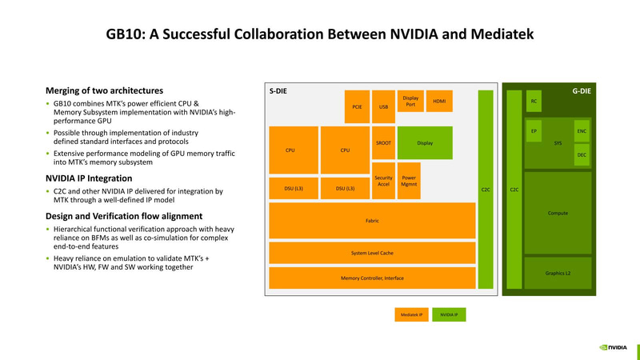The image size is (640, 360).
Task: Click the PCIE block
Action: [x=358, y=106]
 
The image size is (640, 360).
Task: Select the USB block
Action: [x=383, y=106]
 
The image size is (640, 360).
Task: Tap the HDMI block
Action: [x=439, y=102]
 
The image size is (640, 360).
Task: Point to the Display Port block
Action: [x=410, y=102]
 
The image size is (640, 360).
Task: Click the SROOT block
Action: [x=383, y=143]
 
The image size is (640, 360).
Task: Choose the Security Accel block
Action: [x=383, y=182]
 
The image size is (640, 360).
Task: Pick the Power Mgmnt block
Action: [x=409, y=182]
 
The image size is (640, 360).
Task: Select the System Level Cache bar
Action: [x=372, y=253]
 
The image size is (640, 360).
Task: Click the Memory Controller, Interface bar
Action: [x=372, y=278]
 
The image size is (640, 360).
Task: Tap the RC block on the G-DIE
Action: [x=534, y=102]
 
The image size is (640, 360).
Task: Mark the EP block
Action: [x=534, y=130]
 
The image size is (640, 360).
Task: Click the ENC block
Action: [x=582, y=130]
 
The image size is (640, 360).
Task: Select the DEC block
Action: [x=582, y=155]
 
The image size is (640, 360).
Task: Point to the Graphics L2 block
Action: [x=558, y=273]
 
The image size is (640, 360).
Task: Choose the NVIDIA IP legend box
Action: [x=449, y=314]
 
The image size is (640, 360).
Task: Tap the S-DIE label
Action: [x=278, y=91]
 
